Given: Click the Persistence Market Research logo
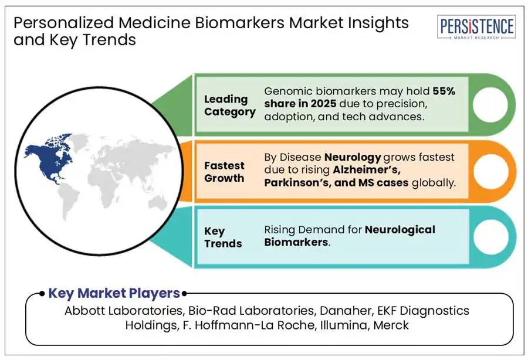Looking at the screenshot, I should pyautogui.click(x=477, y=27).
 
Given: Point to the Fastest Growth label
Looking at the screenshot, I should pyautogui.click(x=224, y=172).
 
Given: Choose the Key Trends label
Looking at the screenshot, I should pyautogui.click(x=222, y=237).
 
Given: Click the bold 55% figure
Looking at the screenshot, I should pyautogui.click(x=444, y=91).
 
